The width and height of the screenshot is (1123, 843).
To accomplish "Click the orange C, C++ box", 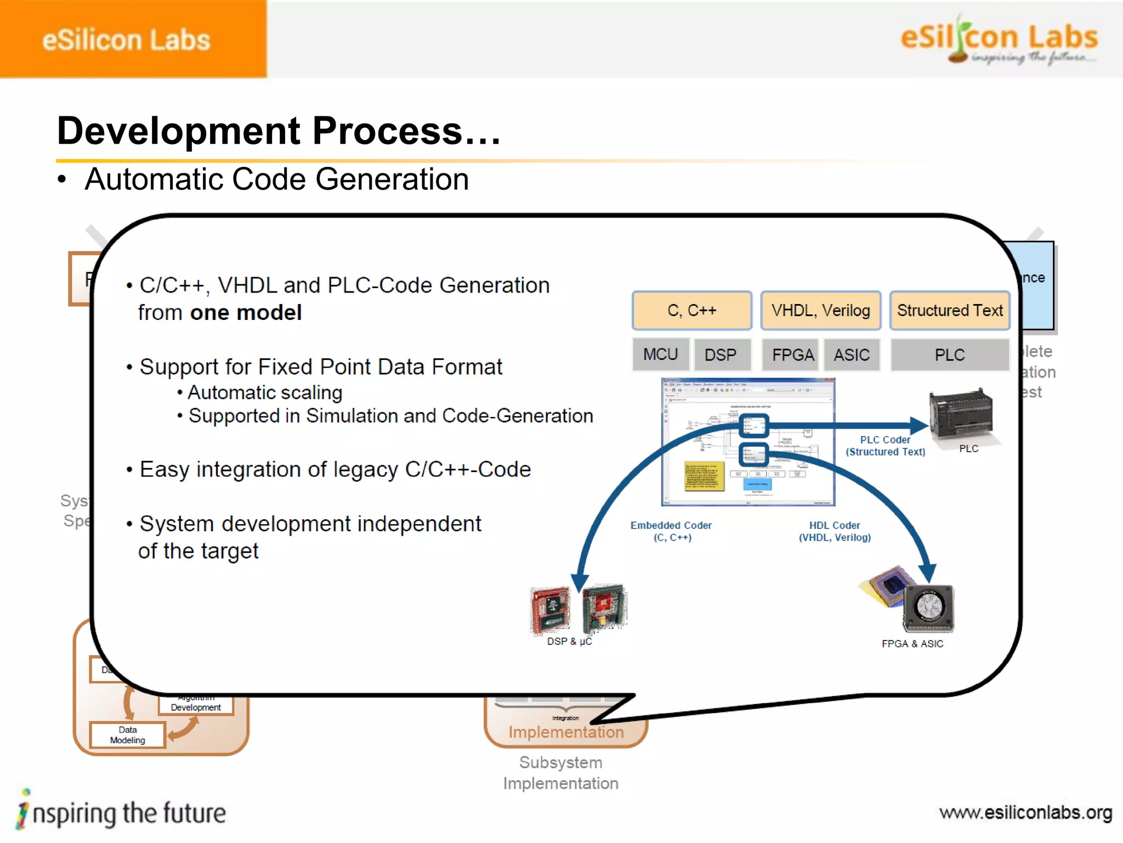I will tap(691, 311).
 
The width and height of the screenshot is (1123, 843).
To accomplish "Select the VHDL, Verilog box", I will tap(820, 311).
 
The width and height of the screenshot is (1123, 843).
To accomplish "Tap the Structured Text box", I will tap(949, 311).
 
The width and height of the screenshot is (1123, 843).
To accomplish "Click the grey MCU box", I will tap(660, 355).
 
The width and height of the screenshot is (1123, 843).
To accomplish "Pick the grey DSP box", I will tap(720, 355).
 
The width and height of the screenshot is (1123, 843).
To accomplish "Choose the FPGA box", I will tap(792, 355).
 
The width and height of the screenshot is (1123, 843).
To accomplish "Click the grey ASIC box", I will tap(852, 355).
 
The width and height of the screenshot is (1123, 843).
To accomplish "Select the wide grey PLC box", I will tap(949, 355).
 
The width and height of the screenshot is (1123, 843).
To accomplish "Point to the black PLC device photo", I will tap(960, 414).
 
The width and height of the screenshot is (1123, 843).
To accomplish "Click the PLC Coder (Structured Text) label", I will tap(885, 446).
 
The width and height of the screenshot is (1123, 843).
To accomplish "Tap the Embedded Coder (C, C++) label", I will tap(671, 531).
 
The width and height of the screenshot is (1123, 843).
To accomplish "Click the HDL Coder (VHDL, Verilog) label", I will tap(835, 531).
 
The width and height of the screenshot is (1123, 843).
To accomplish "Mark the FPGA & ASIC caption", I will tap(912, 644).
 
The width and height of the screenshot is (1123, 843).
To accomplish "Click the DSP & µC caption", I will tap(569, 641).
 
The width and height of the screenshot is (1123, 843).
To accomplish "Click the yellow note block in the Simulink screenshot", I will tap(704, 475).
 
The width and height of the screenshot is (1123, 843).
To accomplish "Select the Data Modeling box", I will tap(127, 735).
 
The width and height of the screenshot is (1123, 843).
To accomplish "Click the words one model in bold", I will tap(246, 313).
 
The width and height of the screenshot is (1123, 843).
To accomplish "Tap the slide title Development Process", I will tap(279, 131).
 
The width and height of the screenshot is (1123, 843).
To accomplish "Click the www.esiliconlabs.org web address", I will tap(1025, 812).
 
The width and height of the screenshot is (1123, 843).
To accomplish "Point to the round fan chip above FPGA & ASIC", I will tap(928, 608).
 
